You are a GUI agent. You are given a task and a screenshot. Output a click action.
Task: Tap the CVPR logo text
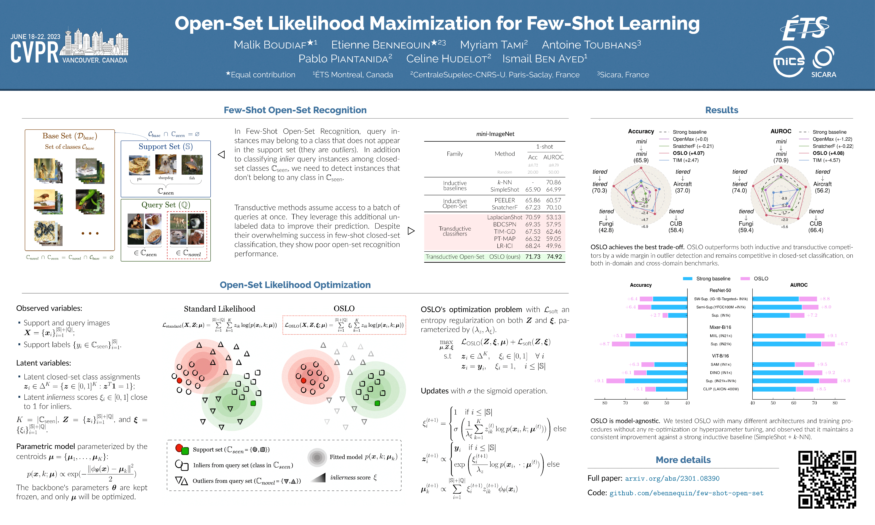(x=34, y=52)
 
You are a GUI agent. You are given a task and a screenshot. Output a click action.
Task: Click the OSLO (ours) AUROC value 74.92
(x=554, y=257)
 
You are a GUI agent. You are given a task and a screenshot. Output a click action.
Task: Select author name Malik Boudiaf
(x=275, y=45)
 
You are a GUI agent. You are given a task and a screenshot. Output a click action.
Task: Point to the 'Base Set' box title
(x=70, y=136)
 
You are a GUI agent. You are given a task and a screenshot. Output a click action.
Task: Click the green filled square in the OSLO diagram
(x=377, y=403)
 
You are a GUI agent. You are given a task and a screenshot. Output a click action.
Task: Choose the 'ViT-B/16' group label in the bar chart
(x=720, y=356)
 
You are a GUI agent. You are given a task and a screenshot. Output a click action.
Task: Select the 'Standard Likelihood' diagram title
(x=219, y=309)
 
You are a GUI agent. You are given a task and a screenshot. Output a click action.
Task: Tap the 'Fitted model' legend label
(x=363, y=457)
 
